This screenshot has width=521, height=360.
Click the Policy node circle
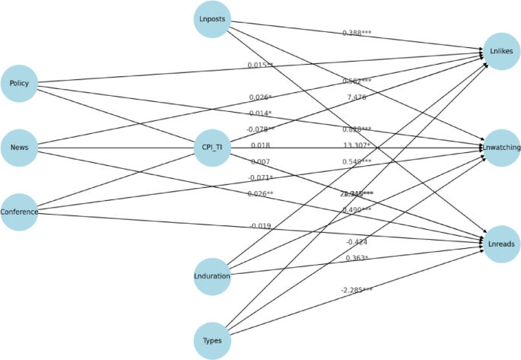pyautogui.click(x=20, y=83)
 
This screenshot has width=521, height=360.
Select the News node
pyautogui.click(x=20, y=148)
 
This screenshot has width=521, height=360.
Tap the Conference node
pyautogui.click(x=20, y=212)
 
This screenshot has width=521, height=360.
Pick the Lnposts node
pyautogui.click(x=212, y=19)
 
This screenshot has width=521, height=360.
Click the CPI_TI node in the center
pyautogui.click(x=212, y=148)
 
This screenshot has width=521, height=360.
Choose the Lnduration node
pyautogui.click(x=212, y=276)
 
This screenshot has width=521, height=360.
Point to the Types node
pyautogui.click(x=212, y=340)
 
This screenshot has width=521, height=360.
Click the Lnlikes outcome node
pyautogui.click(x=501, y=52)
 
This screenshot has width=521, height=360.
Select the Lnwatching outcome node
pyautogui.click(x=501, y=148)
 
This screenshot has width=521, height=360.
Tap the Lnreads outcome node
pyautogui.click(x=501, y=244)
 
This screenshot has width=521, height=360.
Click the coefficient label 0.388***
pyautogui.click(x=357, y=33)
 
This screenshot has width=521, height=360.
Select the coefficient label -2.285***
pyautogui.click(x=357, y=290)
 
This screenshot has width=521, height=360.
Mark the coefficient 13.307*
pyautogui.click(x=357, y=145)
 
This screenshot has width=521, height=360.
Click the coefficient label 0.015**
pyautogui.click(x=260, y=65)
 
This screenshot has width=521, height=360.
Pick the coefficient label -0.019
pyautogui.click(x=260, y=226)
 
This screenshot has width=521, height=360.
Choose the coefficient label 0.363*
pyautogui.click(x=357, y=258)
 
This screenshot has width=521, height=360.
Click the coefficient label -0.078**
pyautogui.click(x=260, y=129)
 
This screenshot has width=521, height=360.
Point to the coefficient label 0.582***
pyautogui.click(x=357, y=81)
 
